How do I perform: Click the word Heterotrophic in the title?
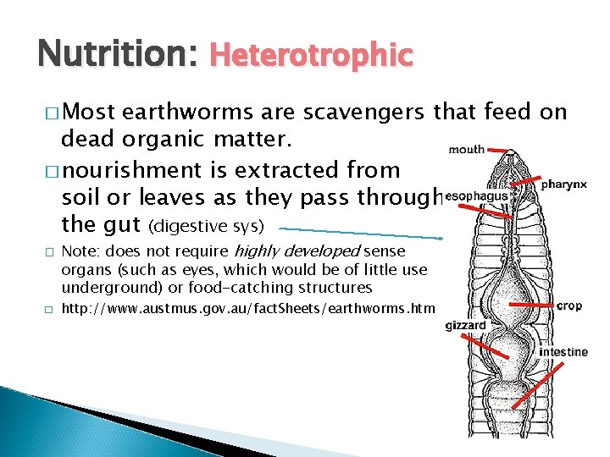310,56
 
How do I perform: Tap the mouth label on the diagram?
467,150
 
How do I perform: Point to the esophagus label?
475,196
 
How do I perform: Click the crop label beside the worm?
569,306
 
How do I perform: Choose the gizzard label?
465,325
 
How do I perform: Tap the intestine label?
563,352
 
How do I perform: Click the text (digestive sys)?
207,227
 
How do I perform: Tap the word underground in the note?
103,288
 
